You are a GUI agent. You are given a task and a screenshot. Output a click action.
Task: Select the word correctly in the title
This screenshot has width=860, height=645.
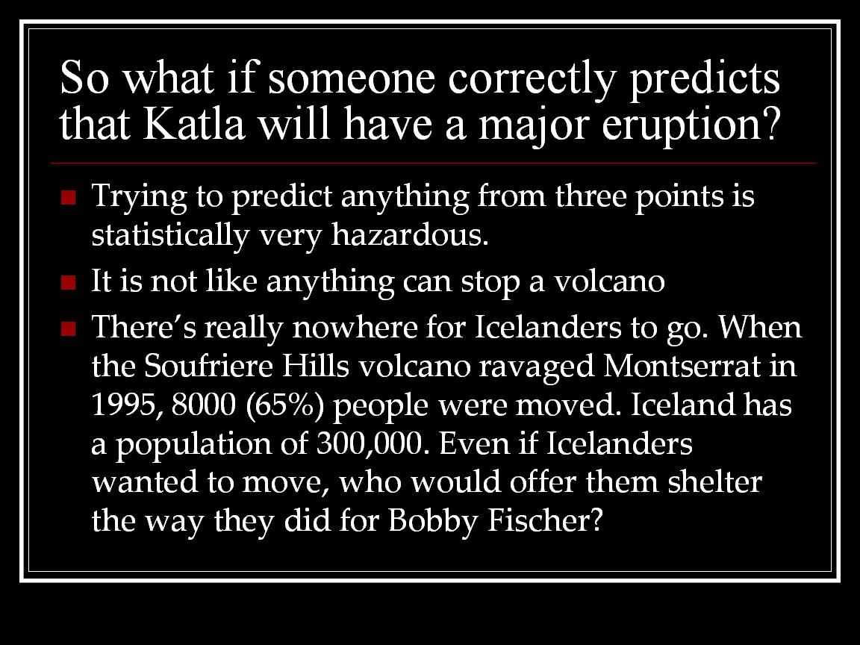tap(531, 80)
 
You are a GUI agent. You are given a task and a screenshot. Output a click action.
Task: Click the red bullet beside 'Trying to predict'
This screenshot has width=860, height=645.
tap(69, 197)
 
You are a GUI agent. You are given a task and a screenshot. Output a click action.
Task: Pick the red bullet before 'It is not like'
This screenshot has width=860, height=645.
tap(69, 282)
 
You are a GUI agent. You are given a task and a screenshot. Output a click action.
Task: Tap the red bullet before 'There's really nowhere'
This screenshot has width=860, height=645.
tap(69, 328)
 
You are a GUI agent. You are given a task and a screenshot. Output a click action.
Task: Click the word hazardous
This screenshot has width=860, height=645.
tap(410, 234)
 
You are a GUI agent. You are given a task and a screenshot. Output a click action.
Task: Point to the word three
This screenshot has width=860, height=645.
tap(591, 196)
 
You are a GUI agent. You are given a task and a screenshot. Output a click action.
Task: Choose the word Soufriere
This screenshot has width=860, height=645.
tap(208, 365)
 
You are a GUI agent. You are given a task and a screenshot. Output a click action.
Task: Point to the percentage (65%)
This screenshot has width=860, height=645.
tap(285, 405)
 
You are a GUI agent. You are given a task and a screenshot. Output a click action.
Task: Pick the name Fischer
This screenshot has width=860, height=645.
tap(545, 520)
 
